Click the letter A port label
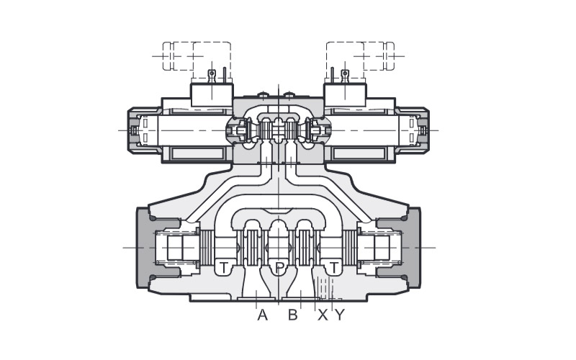tap(262, 315)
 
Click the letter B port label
tap(293, 315)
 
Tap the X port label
tap(323, 315)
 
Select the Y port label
tap(340, 315)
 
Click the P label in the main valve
tap(280, 268)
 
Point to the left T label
tap(224, 268)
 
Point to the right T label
tap(333, 268)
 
